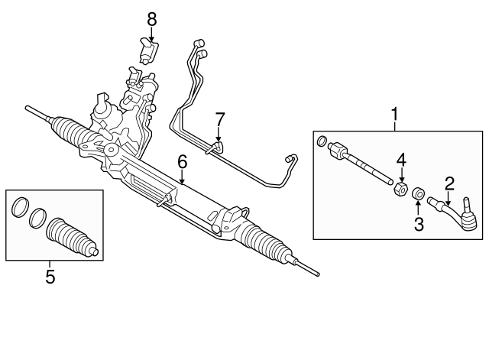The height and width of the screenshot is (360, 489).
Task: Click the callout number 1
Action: tap(395, 115)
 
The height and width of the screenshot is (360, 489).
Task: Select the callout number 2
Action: tap(449, 183)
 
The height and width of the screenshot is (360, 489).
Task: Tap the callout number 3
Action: tap(418, 224)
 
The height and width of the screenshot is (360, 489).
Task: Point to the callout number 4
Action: tap(401, 161)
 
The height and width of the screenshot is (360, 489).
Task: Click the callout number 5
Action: tap(50, 277)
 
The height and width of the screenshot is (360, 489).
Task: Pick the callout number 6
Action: tap(182, 161)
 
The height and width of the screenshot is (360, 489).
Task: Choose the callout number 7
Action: tap(219, 119)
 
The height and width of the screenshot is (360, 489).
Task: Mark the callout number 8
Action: tap(151, 18)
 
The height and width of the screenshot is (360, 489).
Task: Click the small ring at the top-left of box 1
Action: tap(322, 141)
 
